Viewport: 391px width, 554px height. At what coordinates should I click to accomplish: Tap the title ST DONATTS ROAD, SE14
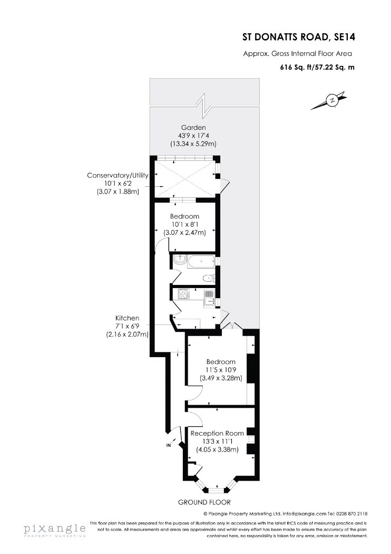[x=299, y=37]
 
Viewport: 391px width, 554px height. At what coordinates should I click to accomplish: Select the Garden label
[x=193, y=128]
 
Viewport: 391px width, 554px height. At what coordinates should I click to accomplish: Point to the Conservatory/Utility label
[x=118, y=175]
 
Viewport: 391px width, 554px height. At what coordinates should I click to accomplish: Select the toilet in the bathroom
[x=209, y=279]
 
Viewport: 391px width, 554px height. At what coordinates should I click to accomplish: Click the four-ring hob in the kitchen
[x=184, y=294]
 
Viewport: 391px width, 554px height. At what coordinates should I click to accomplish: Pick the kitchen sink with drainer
[x=210, y=297]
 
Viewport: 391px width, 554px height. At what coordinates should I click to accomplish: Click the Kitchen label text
[x=127, y=318]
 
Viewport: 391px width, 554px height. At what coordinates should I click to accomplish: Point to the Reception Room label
[x=217, y=433]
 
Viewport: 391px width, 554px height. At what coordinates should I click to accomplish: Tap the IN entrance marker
[x=168, y=445]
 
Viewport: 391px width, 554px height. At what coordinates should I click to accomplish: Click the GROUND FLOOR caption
[x=204, y=502]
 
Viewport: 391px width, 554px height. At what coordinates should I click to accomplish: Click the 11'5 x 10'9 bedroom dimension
[x=221, y=370]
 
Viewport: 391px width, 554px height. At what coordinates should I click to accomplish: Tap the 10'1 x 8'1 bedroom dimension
[x=184, y=224]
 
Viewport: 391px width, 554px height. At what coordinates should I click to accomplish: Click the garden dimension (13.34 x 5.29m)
[x=193, y=144]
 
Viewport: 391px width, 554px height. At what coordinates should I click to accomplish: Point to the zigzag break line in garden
[x=205, y=106]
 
